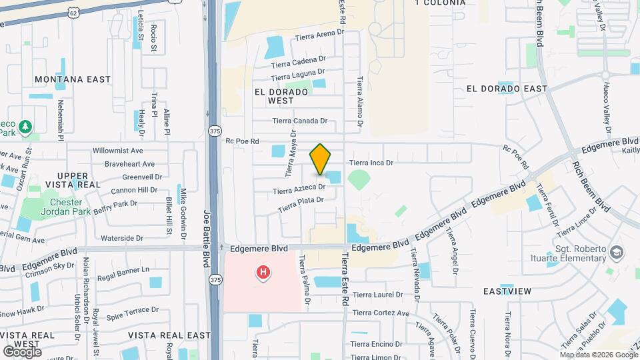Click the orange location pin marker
[x=320, y=159]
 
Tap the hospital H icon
[x=263, y=272]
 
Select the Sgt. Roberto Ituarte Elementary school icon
[x=617, y=252]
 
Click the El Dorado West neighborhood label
[x=281, y=96]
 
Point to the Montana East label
[x=73, y=79]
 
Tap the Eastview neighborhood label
[x=507, y=291]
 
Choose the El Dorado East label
[x=507, y=89]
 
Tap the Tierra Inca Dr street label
[x=372, y=162]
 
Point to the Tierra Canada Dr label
[x=300, y=121]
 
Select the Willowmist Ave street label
[x=118, y=151]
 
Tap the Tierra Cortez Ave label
[x=381, y=313]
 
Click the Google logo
[x=22, y=351]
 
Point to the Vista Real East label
[x=169, y=335]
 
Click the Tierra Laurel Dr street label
[x=378, y=295]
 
